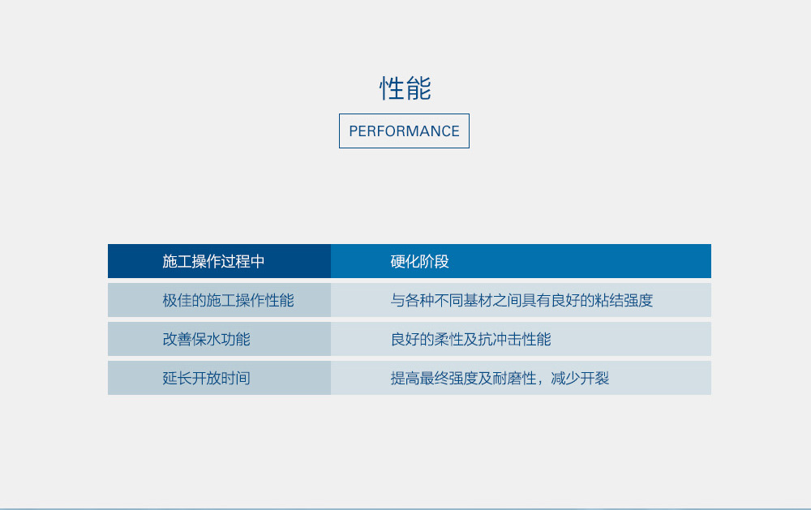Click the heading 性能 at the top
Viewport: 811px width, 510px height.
click(x=405, y=88)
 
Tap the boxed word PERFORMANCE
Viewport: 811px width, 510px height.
click(x=404, y=131)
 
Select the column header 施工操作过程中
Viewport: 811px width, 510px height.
click(x=213, y=261)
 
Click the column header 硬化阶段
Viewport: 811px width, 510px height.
click(x=419, y=261)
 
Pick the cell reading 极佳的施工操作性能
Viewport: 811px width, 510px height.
click(x=228, y=300)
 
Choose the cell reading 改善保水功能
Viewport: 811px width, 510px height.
click(x=206, y=339)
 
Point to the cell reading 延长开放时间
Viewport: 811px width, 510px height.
click(x=206, y=378)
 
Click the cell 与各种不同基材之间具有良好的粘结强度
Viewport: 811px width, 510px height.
click(x=521, y=300)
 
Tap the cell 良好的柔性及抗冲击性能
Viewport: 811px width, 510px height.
click(x=470, y=339)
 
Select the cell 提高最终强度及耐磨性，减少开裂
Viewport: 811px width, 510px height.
click(x=500, y=378)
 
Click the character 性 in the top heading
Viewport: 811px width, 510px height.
click(x=392, y=88)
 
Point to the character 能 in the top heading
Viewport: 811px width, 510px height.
click(x=418, y=88)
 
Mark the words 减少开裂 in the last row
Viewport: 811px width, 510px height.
click(x=580, y=378)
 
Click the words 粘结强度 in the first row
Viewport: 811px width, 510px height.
click(x=624, y=300)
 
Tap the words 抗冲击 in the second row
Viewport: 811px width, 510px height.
click(x=500, y=339)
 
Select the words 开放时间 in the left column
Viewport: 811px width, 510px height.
click(x=221, y=378)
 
